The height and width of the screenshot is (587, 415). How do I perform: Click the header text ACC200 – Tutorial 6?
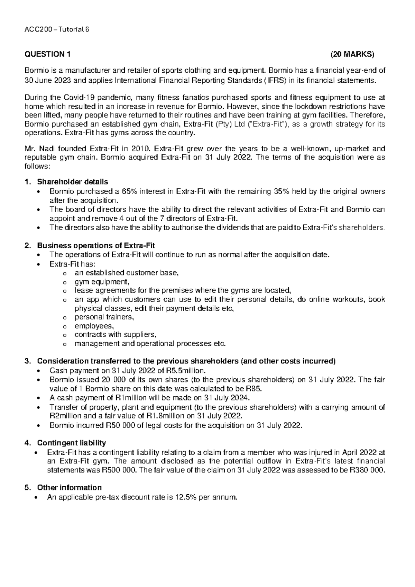(x=57, y=30)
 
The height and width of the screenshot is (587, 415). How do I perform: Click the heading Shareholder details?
(x=72, y=182)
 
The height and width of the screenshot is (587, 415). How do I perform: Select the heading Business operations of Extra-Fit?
(x=96, y=246)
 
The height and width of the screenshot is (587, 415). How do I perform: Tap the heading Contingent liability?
(x=71, y=443)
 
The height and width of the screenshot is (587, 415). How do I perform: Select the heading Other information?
(x=69, y=488)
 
